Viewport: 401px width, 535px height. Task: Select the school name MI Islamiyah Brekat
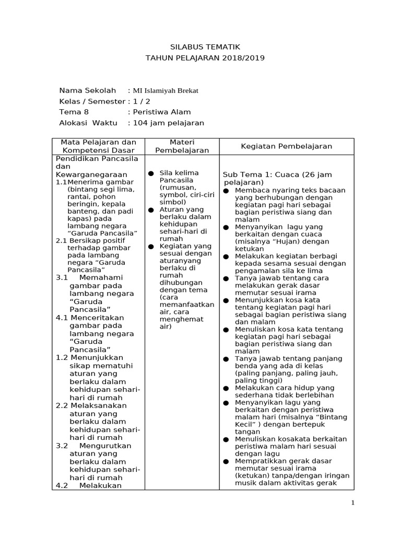click(166, 90)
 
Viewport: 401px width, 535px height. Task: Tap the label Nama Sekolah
click(88, 90)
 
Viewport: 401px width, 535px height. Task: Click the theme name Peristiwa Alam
click(162, 112)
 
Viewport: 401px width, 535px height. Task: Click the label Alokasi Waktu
click(88, 123)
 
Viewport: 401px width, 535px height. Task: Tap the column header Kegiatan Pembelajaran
click(286, 146)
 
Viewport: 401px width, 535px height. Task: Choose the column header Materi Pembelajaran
click(182, 146)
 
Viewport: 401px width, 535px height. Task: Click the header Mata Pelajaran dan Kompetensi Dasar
click(99, 146)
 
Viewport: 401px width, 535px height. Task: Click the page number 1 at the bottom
click(353, 503)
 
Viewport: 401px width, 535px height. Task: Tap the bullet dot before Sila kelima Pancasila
click(150, 173)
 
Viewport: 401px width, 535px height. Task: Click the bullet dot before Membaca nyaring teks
click(226, 191)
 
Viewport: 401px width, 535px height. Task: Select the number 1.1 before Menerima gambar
click(61, 182)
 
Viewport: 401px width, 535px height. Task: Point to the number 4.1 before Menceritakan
click(62, 317)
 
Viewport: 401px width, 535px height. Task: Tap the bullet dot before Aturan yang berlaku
click(150, 210)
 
